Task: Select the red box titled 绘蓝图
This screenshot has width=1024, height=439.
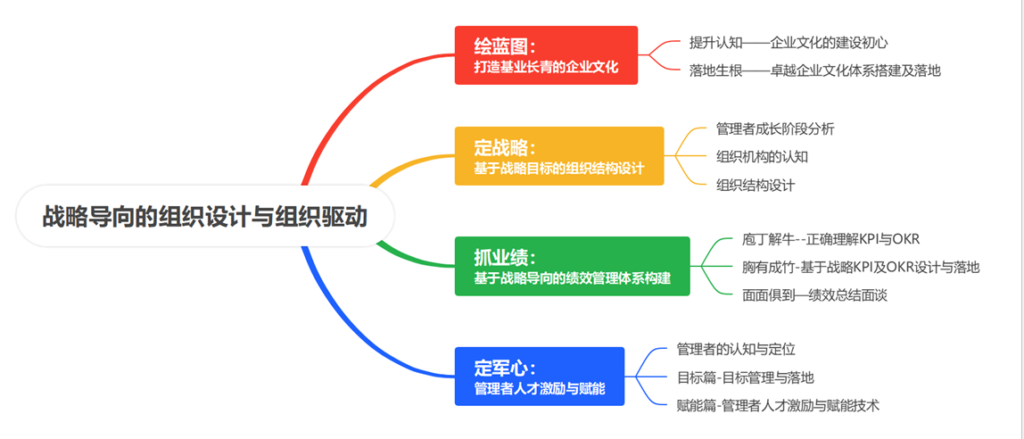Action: [x=546, y=55]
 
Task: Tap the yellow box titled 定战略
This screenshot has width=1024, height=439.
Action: [x=559, y=156]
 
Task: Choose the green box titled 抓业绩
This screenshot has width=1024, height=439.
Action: [x=572, y=266]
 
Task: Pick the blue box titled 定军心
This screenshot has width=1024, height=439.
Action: [x=540, y=376]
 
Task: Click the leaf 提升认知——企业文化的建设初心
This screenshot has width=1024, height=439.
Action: [x=789, y=43]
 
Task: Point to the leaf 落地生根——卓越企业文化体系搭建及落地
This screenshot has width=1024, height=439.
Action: [x=815, y=70]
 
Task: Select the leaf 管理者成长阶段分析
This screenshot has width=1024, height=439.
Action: [x=775, y=128]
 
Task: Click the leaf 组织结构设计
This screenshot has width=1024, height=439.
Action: [x=755, y=185]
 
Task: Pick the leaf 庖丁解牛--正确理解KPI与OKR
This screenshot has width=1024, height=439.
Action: [x=830, y=238]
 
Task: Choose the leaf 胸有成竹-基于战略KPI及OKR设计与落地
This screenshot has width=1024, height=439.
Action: [x=861, y=267]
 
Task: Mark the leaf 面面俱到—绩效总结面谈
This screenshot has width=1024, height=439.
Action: [x=814, y=294]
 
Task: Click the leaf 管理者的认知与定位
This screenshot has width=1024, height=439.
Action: [x=736, y=349]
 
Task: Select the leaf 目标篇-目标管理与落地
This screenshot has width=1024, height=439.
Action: [x=745, y=377]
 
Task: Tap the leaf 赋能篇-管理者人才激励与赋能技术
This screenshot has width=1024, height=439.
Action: [x=778, y=405]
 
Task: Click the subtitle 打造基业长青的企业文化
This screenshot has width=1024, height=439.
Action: [x=546, y=67]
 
